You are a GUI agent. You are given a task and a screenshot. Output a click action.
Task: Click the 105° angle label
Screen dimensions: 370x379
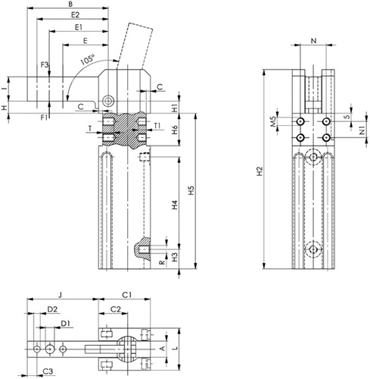[88, 59]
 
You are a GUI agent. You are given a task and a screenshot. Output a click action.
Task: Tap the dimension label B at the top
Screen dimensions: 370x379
[70, 4]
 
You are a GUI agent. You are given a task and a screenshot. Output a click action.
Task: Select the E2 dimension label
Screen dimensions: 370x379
[75, 14]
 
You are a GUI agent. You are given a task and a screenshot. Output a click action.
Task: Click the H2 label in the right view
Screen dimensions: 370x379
[260, 171]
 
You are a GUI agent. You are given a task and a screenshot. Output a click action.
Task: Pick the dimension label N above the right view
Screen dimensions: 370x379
[313, 40]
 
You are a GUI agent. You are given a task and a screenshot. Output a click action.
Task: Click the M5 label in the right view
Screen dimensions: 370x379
[273, 121]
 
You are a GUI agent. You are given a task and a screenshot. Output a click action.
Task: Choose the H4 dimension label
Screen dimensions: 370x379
[175, 205]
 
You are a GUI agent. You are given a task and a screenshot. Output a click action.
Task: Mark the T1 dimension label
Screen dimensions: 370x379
[157, 125]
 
